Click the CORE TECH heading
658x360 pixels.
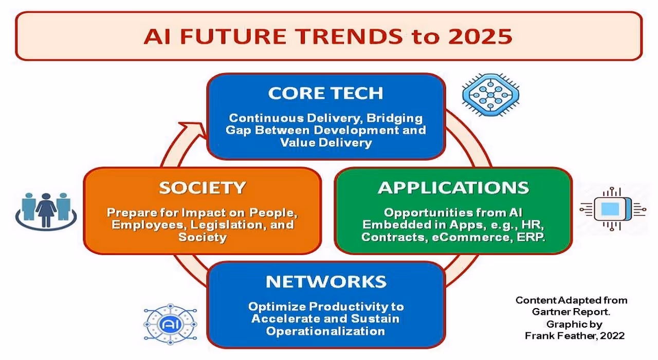tap(325, 93)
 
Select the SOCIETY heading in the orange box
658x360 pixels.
tap(202, 188)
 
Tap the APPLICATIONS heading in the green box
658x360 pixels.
tap(453, 188)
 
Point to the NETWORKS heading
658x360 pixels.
tap(325, 282)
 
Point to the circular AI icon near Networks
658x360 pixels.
tap(170, 325)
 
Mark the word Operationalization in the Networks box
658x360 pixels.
tap(325, 331)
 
